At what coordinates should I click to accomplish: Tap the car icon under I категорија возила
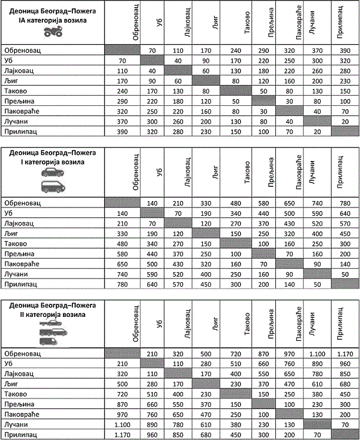pyautogui.click(x=53, y=173)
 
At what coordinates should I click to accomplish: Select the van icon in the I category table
pyautogui.click(x=53, y=187)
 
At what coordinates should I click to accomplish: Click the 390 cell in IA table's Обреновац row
pyautogui.click(x=344, y=51)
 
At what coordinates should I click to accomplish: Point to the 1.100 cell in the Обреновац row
pyautogui.click(x=316, y=354)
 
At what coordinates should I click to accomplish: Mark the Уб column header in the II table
pyautogui.click(x=158, y=329)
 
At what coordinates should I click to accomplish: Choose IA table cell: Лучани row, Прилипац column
pyautogui.click(x=344, y=120)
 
